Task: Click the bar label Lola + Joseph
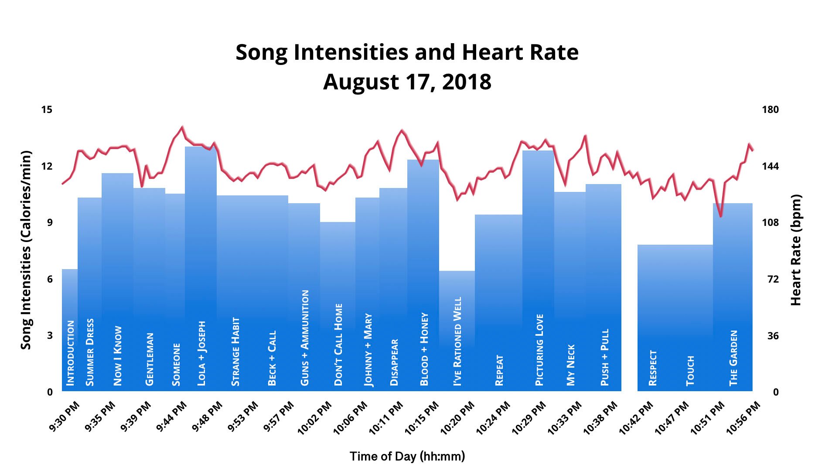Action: pos(201,354)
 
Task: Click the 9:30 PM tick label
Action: pos(65,416)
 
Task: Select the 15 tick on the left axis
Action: pos(47,109)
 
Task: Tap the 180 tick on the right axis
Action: pos(770,109)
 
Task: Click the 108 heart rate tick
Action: pos(770,222)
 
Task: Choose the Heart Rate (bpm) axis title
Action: pos(796,250)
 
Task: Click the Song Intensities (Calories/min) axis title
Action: pos(27,250)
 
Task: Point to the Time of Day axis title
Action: pos(407,456)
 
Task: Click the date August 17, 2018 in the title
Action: pos(407,82)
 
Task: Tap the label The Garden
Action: pos(733,358)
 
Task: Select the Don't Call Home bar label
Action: pos(338,345)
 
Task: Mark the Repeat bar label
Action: pos(499,371)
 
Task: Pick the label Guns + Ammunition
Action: pos(305,338)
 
